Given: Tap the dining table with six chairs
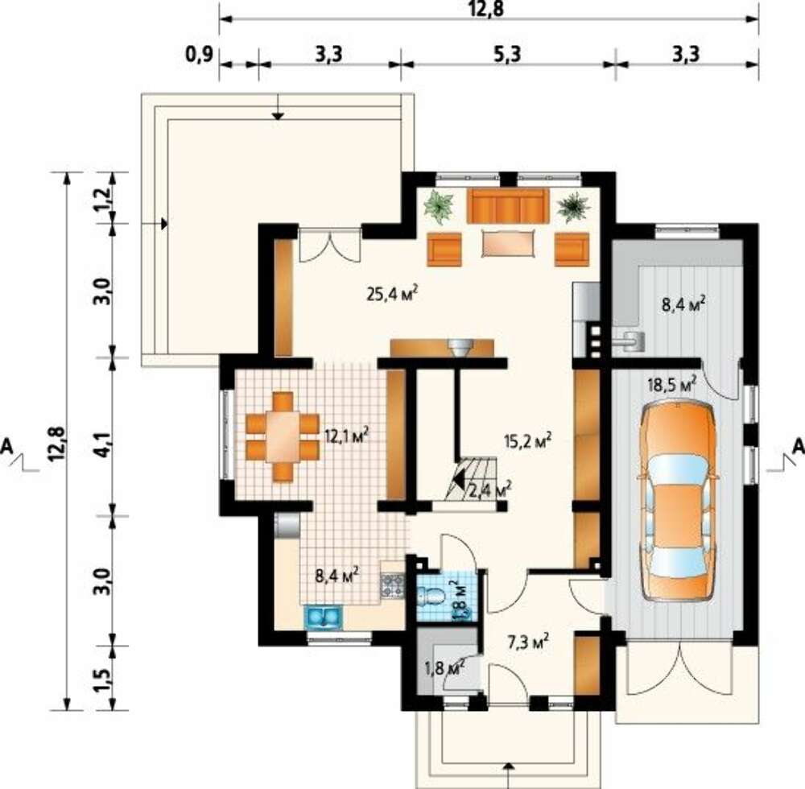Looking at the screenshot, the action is point(283,436).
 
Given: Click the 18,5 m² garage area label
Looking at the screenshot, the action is point(671,385).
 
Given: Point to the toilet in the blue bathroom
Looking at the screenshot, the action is point(431,596).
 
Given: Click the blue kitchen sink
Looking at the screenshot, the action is point(323,617).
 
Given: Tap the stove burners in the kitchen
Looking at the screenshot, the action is point(392,586).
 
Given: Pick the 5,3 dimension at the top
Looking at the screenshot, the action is point(507,54).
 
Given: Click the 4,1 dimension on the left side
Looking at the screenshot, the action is point(102,445).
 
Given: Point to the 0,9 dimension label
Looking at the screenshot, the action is point(199,55).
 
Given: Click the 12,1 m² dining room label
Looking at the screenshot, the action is point(348,436).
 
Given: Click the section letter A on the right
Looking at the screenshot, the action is point(797,446).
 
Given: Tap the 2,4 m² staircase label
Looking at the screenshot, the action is point(489,490).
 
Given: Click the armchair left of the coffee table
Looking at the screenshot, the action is point(444,249).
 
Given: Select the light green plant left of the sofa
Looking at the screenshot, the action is point(439,206).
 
